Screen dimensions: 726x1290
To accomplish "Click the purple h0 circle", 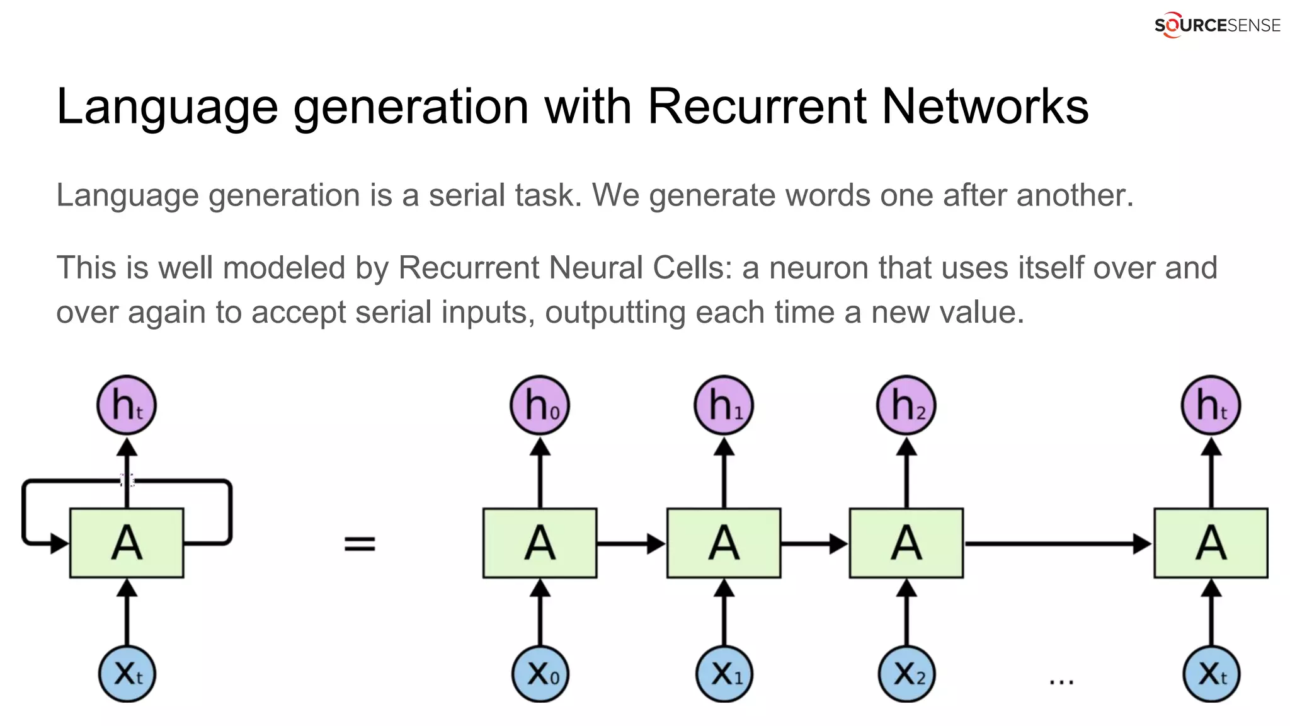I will click(x=540, y=405).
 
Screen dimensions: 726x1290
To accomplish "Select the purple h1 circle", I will click(x=724, y=405).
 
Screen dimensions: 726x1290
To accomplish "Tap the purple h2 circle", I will click(x=906, y=405).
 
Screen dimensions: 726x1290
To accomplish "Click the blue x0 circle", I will click(x=540, y=674).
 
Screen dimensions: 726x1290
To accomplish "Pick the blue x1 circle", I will click(x=724, y=674).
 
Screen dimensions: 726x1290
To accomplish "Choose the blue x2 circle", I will click(x=906, y=674).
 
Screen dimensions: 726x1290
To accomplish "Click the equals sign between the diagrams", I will click(x=360, y=543).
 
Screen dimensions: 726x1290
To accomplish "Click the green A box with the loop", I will click(x=127, y=543).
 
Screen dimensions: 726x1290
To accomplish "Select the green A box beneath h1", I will click(x=724, y=543).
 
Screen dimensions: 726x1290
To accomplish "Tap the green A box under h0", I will click(x=540, y=543).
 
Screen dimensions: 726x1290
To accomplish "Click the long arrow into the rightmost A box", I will click(x=1058, y=543).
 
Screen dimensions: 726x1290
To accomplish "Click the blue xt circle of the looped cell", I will click(x=127, y=674).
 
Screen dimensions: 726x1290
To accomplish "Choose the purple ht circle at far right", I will click(x=1211, y=405).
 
